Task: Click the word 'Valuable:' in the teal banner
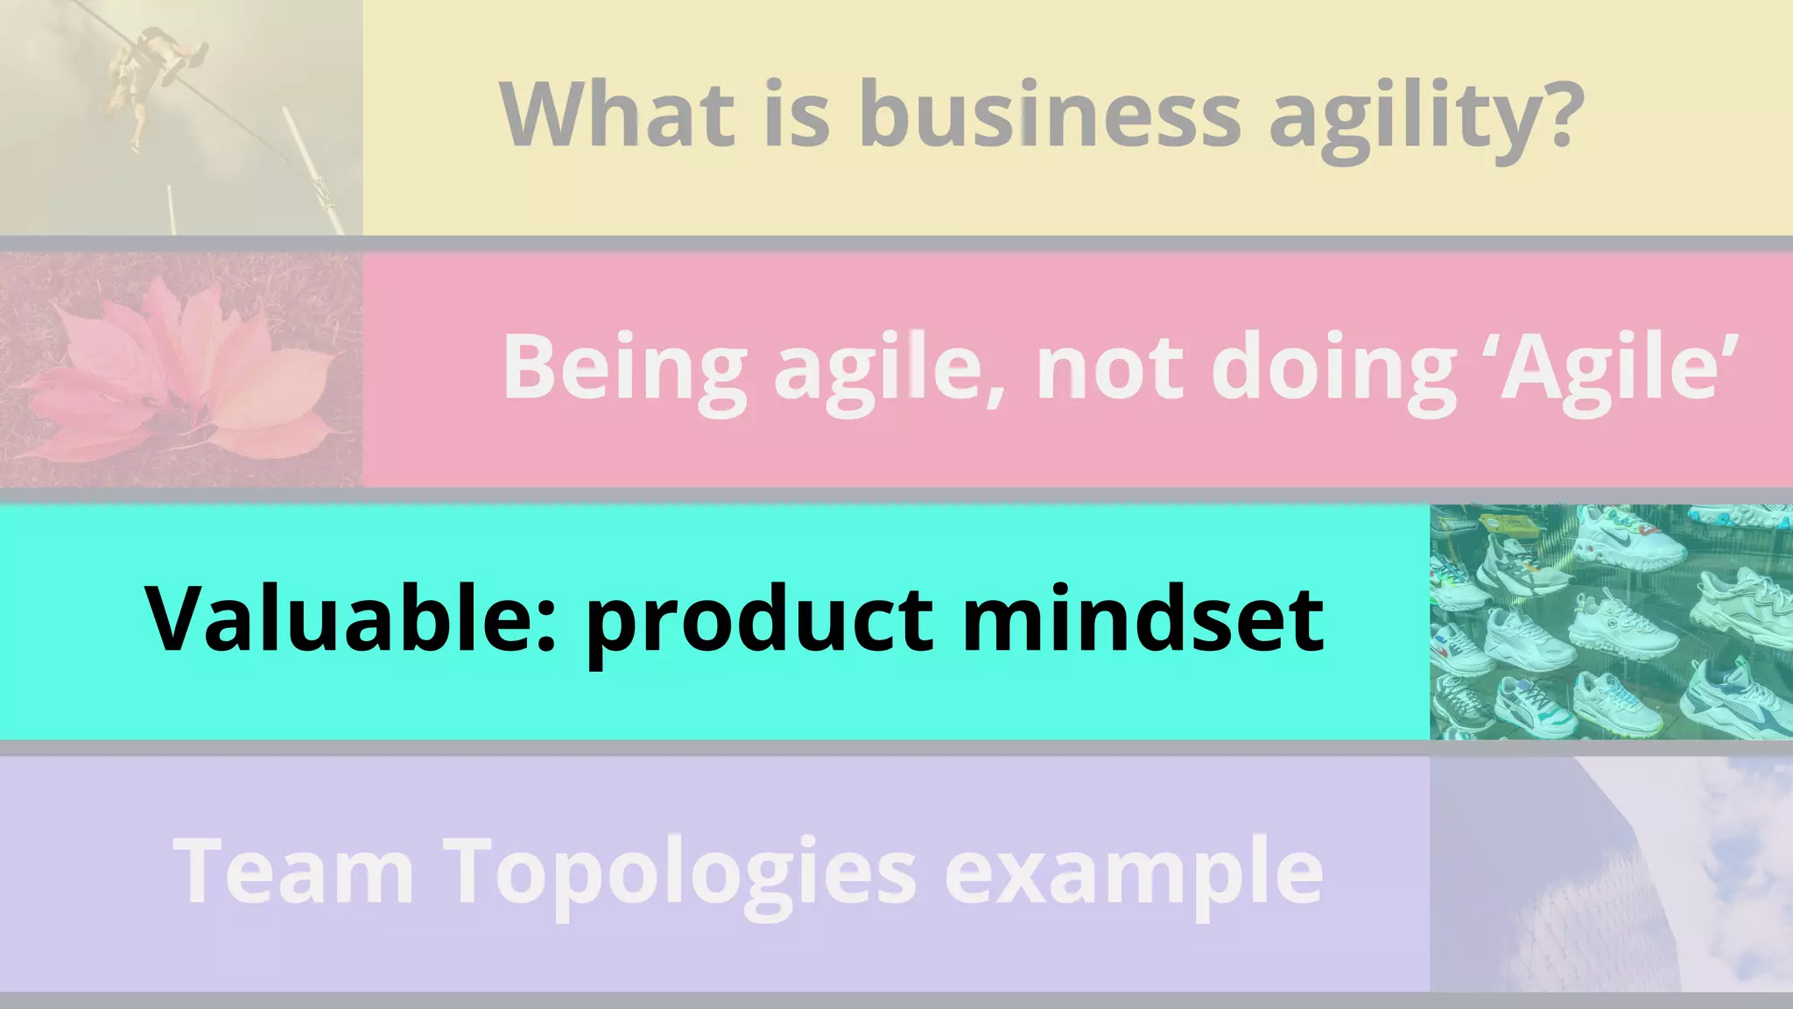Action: (350, 618)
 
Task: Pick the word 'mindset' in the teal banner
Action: (1143, 618)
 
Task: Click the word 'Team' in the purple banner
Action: (293, 871)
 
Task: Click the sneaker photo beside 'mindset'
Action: (1611, 622)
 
